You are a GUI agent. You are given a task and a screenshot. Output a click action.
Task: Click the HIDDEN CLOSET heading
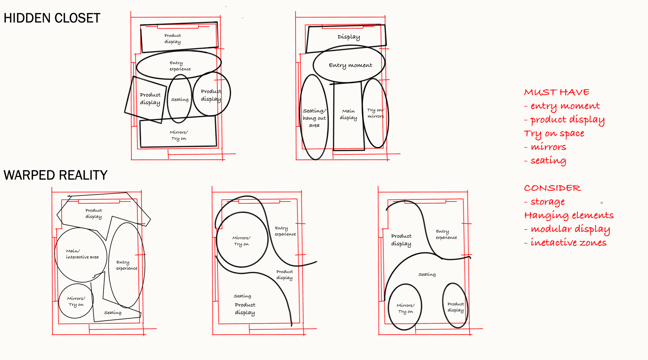(52, 18)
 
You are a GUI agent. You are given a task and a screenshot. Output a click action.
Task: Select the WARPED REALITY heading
(55, 175)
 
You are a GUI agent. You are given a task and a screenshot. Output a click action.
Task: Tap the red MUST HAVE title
(557, 92)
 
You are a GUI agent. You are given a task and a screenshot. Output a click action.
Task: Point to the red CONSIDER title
(552, 188)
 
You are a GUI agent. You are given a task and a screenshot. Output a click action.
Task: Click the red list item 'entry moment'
(562, 106)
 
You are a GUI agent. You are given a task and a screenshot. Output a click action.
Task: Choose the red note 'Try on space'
(554, 134)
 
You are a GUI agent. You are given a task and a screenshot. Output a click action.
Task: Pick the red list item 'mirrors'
(545, 147)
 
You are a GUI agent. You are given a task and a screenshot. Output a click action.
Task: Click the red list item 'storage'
(544, 202)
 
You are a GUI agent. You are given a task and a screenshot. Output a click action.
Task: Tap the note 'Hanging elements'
(569, 216)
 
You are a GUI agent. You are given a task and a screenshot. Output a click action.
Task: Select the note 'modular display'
(567, 229)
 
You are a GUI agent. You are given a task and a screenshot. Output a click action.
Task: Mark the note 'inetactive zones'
(565, 243)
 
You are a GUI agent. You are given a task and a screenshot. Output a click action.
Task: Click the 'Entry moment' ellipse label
(350, 65)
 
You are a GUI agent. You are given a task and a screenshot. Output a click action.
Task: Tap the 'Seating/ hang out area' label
(314, 118)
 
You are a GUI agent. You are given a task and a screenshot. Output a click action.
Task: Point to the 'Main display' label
(348, 114)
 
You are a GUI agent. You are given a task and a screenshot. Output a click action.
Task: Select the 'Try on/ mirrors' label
(376, 113)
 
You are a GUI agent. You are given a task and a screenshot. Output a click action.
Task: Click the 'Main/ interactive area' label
(82, 254)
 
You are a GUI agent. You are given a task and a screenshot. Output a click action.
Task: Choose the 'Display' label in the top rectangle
(349, 37)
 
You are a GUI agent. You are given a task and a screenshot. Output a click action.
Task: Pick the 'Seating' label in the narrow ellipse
(180, 99)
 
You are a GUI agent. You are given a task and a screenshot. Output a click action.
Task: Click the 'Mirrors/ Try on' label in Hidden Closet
(179, 135)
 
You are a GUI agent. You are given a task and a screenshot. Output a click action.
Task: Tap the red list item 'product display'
(564, 120)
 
